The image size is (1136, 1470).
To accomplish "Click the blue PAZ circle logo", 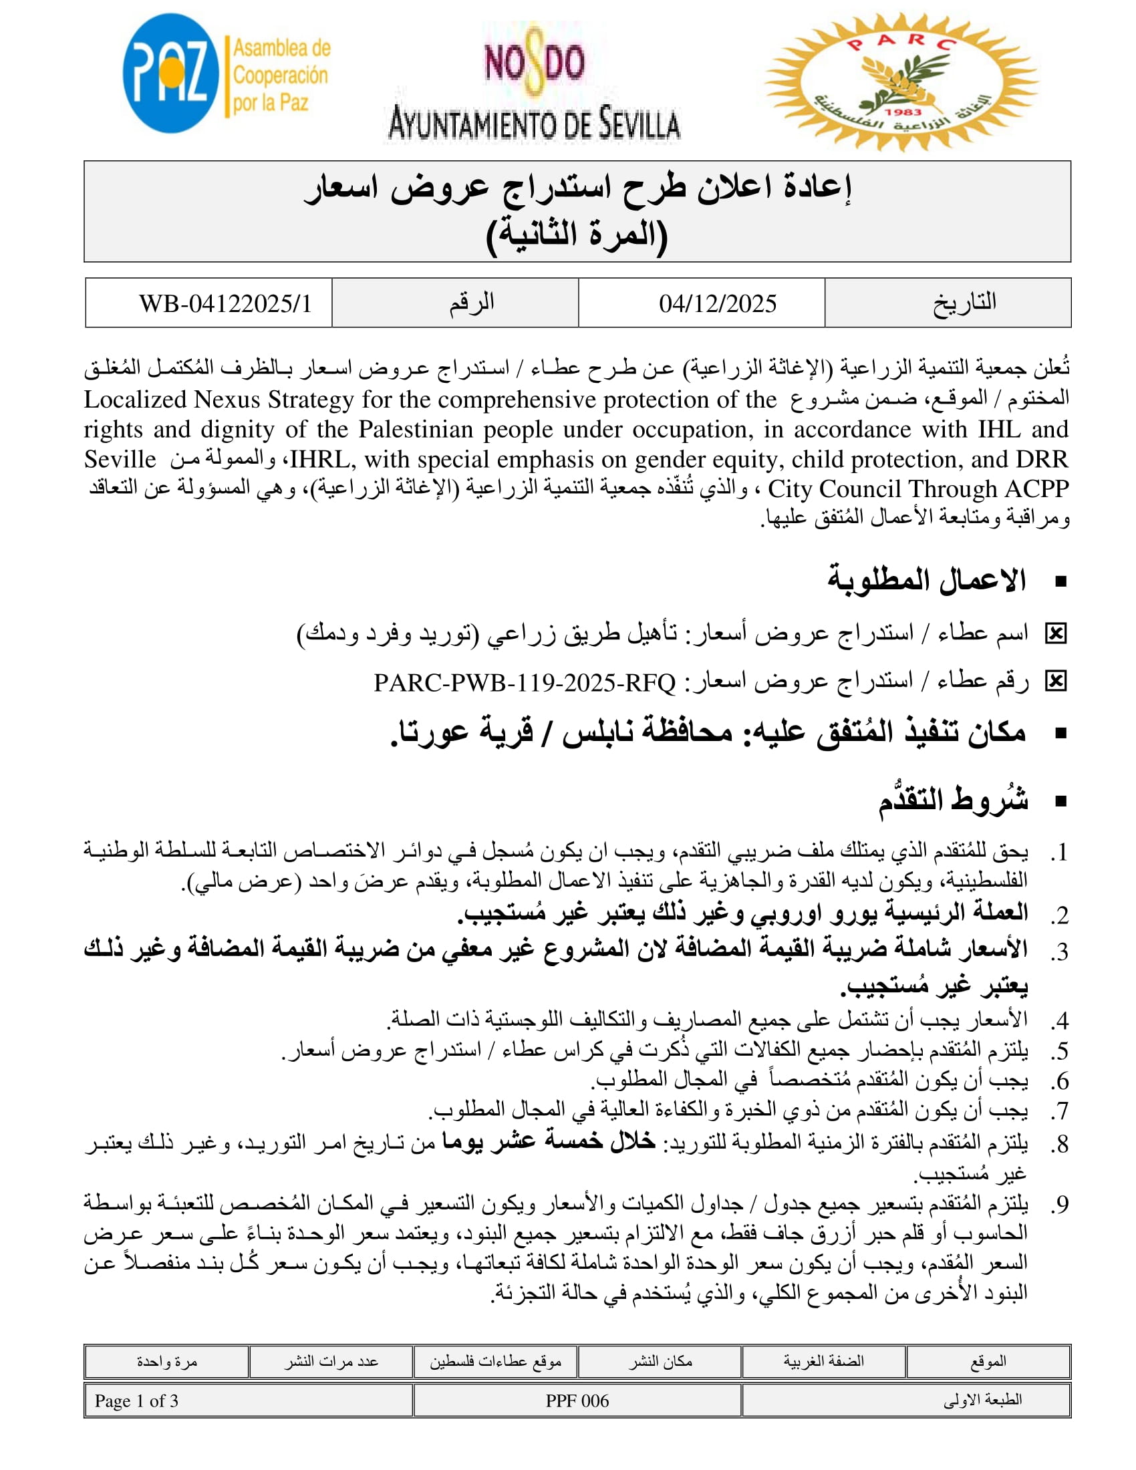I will click(x=170, y=73).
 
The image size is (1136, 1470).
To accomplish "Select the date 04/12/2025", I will click(x=718, y=303).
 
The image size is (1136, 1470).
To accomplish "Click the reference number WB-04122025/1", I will click(x=225, y=303).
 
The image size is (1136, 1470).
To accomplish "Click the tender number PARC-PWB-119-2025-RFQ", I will click(x=525, y=683).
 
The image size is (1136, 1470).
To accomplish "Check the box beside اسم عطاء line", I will click(x=1056, y=633).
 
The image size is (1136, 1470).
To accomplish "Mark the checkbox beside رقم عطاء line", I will click(x=1056, y=682).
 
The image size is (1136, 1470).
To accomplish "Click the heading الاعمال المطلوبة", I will click(x=927, y=579).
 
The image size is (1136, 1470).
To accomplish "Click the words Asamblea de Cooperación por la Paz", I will click(x=281, y=75).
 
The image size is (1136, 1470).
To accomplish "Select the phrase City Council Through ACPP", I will click(x=918, y=488).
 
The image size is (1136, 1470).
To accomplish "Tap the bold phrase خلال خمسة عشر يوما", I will click(x=549, y=1141).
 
